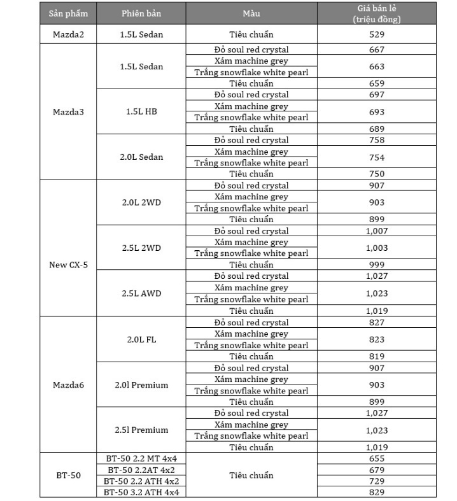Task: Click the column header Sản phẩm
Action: click(68, 13)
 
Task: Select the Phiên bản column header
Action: click(141, 13)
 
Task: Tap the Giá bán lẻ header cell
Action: click(376, 13)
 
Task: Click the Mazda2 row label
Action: click(68, 34)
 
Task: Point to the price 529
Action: click(376, 34)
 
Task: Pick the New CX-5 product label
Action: click(68, 265)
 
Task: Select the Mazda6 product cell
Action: click(68, 385)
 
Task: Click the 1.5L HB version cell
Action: click(141, 112)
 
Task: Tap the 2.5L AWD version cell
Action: click(141, 293)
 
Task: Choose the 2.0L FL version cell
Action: click(141, 339)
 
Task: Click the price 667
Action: click(376, 50)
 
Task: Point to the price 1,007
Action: click(376, 231)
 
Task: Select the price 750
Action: click(376, 174)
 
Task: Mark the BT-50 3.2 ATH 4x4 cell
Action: click(141, 492)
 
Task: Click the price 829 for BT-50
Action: click(376, 492)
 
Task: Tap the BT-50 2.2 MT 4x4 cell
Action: click(141, 458)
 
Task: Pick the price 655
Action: click(376, 458)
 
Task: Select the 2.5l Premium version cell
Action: click(141, 430)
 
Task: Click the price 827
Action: click(376, 323)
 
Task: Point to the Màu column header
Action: click(251, 13)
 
